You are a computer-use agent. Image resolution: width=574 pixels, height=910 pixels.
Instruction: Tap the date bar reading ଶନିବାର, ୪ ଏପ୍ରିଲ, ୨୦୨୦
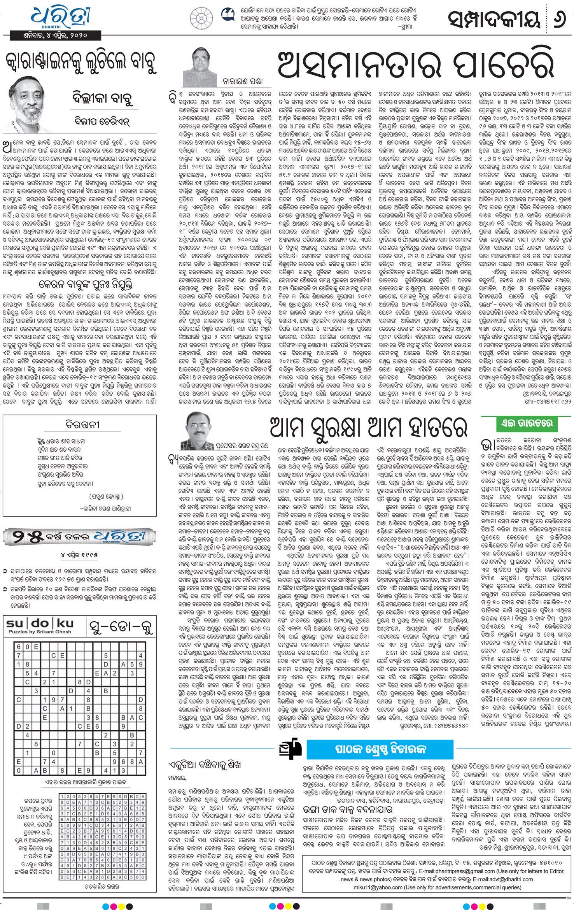(55, 36)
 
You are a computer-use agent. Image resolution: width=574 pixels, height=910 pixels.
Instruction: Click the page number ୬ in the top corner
(560, 19)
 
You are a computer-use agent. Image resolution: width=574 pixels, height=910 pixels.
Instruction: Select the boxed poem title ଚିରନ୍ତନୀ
(82, 425)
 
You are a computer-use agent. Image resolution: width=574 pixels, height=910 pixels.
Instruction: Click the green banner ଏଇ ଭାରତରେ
(527, 423)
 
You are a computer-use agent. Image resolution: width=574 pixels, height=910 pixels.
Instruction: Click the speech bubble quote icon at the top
(228, 16)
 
